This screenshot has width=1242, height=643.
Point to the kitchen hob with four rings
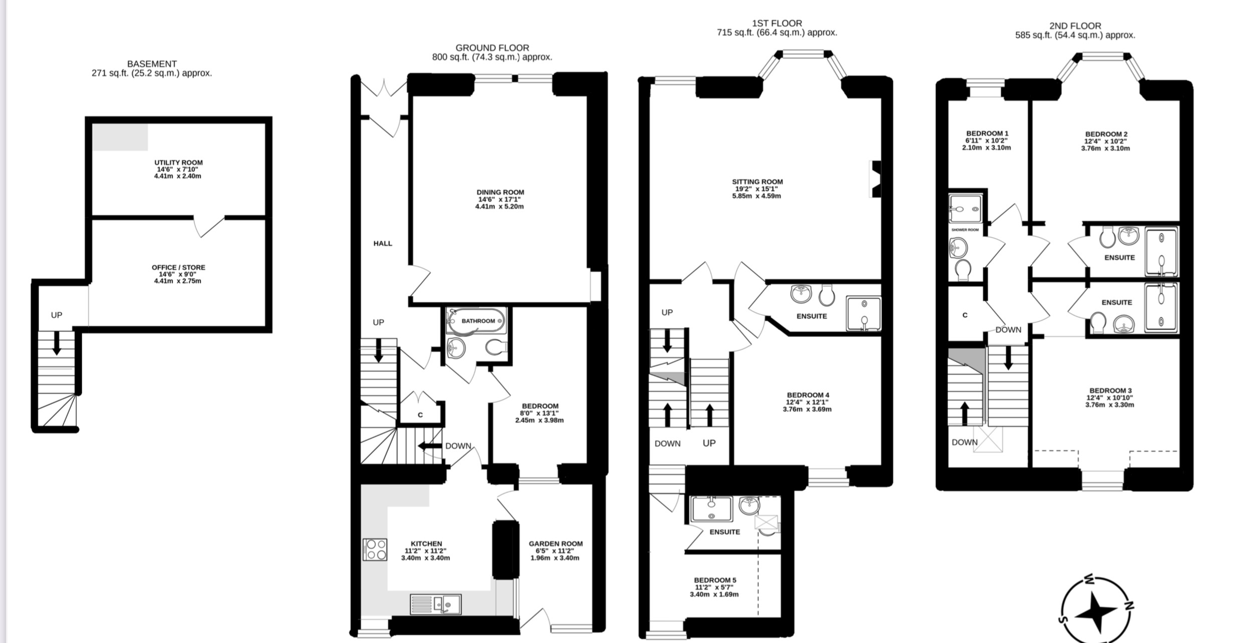click(375, 549)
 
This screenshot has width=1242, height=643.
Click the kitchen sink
click(435, 604)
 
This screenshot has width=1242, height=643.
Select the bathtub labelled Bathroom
click(476, 321)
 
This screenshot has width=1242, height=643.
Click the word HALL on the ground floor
click(383, 243)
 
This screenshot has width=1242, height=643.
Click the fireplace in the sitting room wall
click(876, 179)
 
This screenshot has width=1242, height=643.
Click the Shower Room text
click(965, 230)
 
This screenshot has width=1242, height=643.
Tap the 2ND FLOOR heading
click(1075, 26)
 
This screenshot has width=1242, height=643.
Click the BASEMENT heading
click(152, 64)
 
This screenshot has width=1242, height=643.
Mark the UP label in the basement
click(57, 315)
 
